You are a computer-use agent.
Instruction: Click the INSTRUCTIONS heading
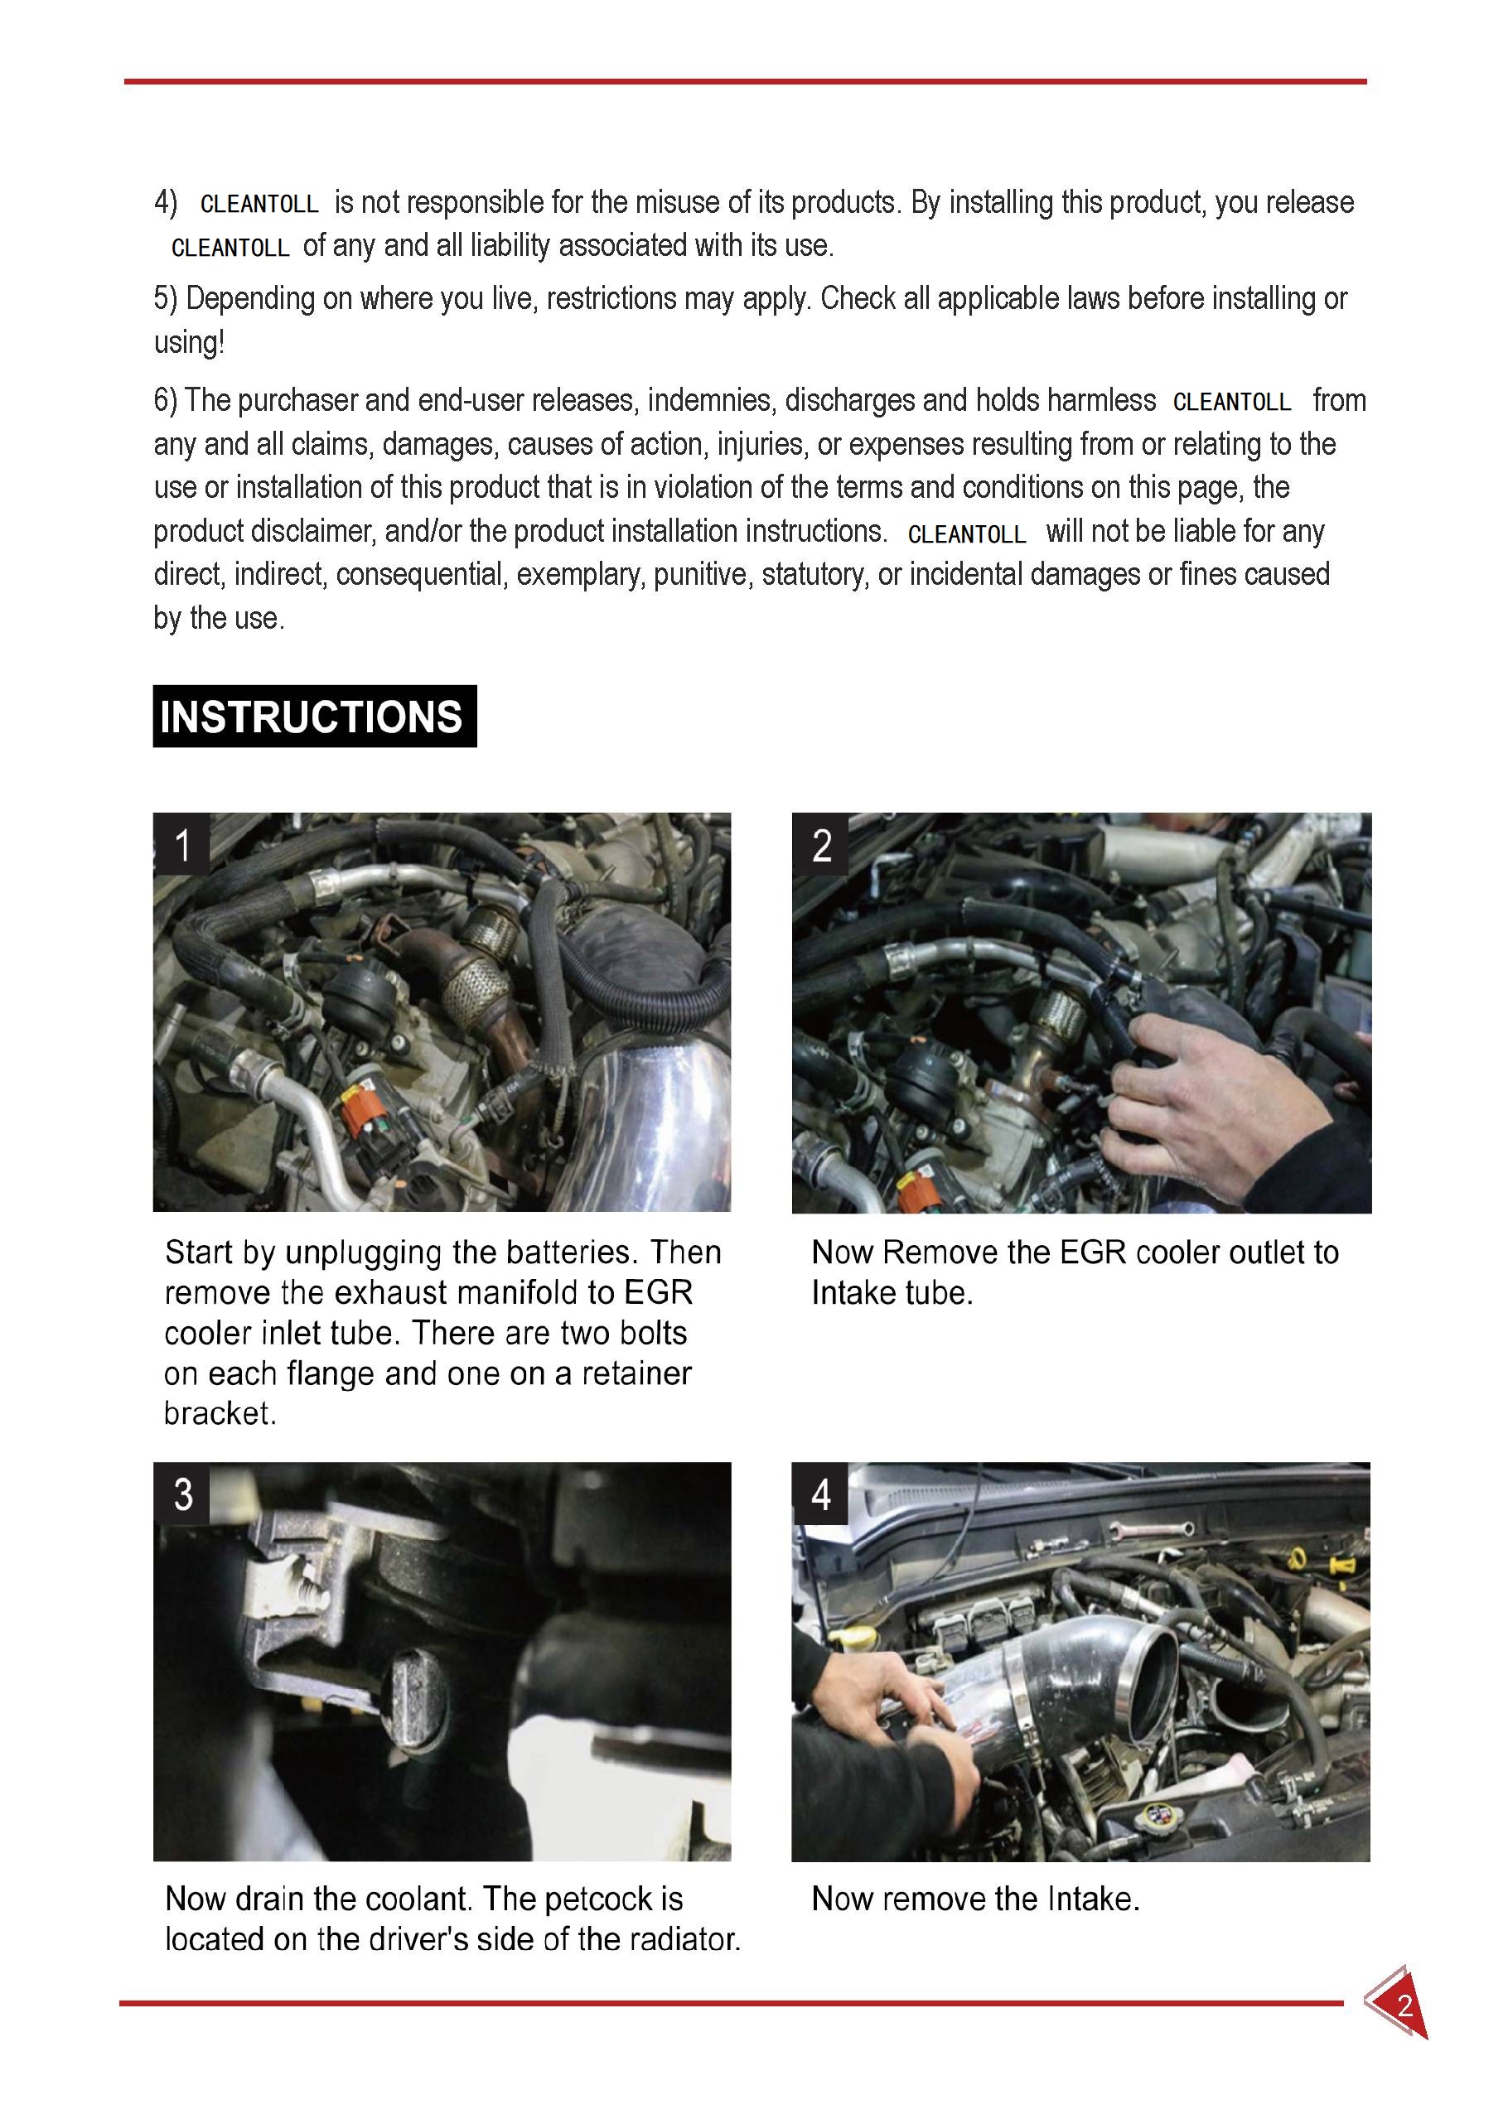[x=314, y=716]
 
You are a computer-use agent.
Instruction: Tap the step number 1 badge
[x=182, y=845]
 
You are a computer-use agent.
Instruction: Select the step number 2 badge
[x=821, y=845]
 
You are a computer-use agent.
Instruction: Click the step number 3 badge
[x=183, y=1494]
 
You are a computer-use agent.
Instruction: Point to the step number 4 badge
[x=821, y=1494]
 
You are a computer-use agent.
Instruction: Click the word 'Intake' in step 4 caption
[x=1090, y=1899]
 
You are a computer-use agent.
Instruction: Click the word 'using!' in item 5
[x=189, y=343]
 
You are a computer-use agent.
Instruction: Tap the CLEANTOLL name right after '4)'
[x=259, y=203]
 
